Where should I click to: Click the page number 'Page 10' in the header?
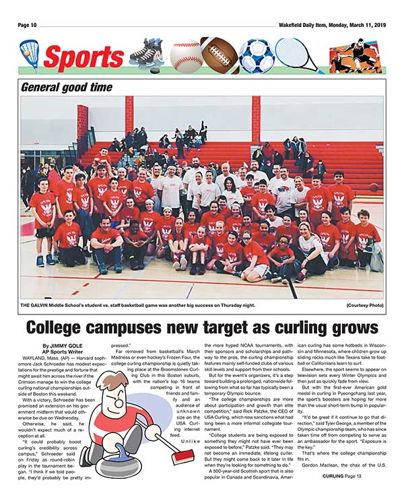coord(32,25)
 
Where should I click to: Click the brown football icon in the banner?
coord(219,56)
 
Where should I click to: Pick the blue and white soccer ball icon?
coord(256,56)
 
